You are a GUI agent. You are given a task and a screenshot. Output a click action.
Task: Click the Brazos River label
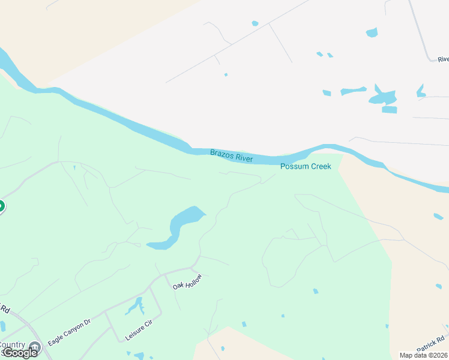231,156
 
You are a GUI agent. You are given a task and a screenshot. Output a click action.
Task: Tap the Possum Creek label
306,166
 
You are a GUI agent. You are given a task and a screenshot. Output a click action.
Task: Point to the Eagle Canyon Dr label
69,331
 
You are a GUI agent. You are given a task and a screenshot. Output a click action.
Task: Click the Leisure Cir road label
139,331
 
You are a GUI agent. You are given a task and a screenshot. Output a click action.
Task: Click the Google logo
20,353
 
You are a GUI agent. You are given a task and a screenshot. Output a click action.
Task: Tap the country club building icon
35,346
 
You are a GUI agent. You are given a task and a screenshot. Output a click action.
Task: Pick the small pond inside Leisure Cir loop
135,307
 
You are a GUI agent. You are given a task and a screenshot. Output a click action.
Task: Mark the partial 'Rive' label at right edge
443,59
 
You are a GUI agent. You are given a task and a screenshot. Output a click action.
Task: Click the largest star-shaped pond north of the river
382,96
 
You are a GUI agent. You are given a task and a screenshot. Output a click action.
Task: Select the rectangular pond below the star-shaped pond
390,110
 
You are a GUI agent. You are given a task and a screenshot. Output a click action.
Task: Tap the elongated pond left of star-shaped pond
353,91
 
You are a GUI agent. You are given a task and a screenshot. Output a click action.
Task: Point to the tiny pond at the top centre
255,23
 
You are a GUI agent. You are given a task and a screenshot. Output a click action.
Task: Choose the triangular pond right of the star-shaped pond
421,91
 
